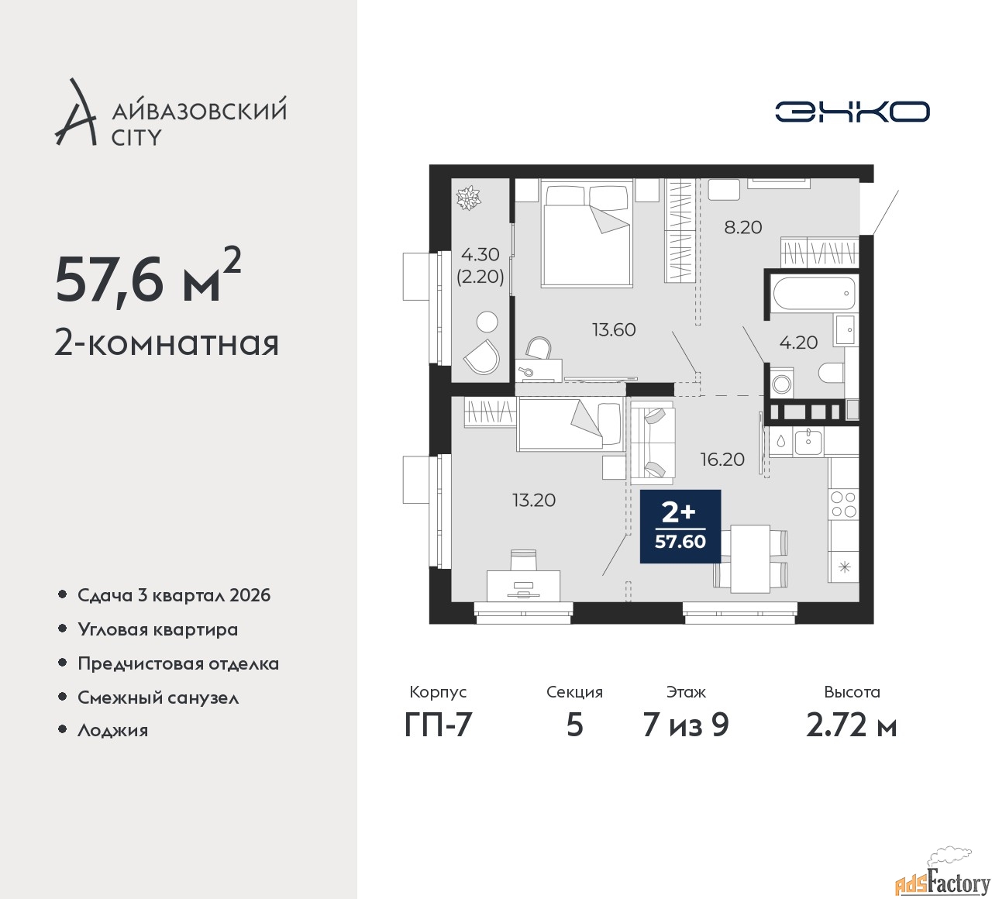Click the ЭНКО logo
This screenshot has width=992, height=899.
tap(852, 112)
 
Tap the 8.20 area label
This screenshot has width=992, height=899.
tap(742, 228)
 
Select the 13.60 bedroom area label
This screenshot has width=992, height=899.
tap(614, 329)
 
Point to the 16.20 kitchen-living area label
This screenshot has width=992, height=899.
tap(722, 460)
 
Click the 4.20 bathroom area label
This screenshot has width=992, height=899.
tap(798, 343)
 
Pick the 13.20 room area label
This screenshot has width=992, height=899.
tap(534, 501)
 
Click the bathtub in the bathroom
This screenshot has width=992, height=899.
tap(813, 294)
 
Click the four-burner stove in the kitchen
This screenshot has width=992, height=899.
tap(843, 504)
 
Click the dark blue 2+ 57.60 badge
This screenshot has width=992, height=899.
tap(680, 526)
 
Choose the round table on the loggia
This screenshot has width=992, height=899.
tap(487, 322)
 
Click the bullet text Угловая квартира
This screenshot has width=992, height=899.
tap(158, 629)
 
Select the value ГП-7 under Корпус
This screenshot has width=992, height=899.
tap(438, 725)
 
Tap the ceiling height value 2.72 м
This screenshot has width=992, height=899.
tap(852, 725)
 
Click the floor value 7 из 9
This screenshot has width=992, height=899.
tap(686, 725)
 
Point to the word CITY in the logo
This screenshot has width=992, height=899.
tap(136, 138)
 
